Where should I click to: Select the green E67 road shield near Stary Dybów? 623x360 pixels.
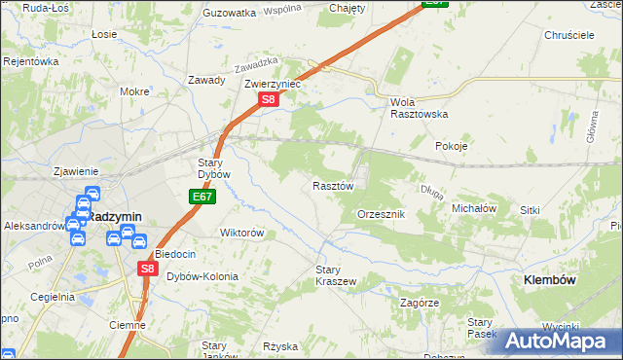click(x=202, y=197)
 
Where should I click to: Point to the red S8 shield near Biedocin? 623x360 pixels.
click(x=146, y=269)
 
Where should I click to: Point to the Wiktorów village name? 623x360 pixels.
click(x=242, y=234)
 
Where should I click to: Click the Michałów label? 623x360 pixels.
click(x=475, y=208)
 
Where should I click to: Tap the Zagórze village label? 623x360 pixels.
click(x=421, y=303)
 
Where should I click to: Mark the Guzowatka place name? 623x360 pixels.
click(x=229, y=13)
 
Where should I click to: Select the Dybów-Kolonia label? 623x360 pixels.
click(x=202, y=276)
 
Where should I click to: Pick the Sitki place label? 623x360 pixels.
click(x=557, y=210)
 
